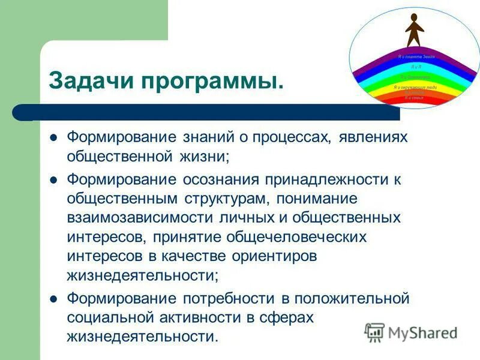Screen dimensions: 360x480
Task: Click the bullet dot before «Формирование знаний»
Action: (x=53, y=137)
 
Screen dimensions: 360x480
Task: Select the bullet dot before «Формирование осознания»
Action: (x=53, y=179)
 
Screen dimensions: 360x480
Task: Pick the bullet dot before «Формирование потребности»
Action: (x=53, y=298)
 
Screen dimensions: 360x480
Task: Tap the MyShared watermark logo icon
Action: (x=374, y=332)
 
